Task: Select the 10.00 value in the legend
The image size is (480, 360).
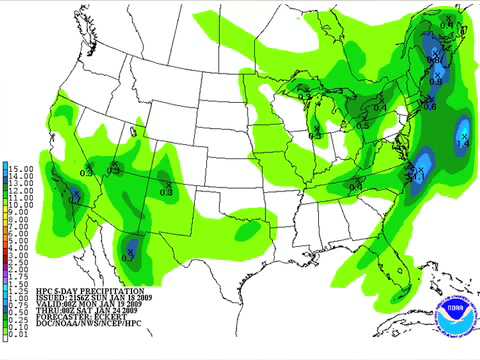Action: (21, 203)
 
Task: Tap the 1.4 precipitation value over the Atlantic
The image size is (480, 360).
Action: (462, 145)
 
